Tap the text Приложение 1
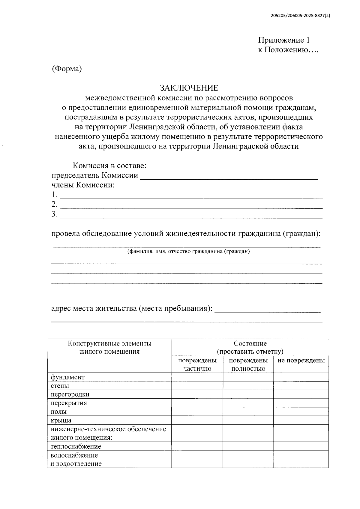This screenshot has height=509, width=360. coord(283,40)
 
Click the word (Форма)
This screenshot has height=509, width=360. coord(67,69)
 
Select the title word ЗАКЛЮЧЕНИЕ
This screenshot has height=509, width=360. coord(189,88)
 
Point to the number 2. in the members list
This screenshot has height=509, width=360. coord(54,205)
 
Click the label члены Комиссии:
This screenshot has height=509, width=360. coord(83,185)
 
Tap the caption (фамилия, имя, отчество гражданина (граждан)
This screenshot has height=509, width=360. coord(188,252)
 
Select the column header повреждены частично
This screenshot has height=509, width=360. coord(197,364)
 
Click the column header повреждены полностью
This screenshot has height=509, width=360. coord(248,364)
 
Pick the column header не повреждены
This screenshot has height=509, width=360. coord(301,361)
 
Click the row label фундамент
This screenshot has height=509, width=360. coord(67,377)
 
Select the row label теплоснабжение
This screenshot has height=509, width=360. coord(76,447)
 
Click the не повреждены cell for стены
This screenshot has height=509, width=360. coord(301,386)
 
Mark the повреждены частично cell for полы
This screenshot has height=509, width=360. coord(197,412)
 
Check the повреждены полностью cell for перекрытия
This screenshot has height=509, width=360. coord(248,403)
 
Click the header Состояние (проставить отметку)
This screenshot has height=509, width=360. coord(250,347)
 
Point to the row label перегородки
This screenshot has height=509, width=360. coord(70,394)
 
